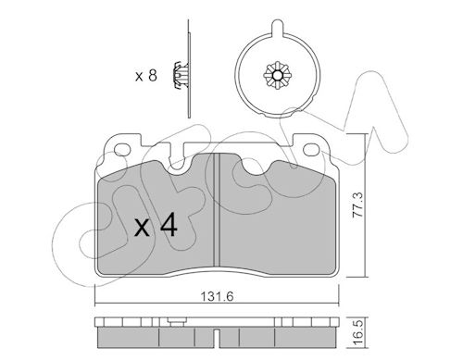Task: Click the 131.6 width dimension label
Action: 217,297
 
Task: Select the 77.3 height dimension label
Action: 358,205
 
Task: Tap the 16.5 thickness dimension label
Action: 358,333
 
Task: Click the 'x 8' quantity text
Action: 146,76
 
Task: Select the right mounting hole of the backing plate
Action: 311,150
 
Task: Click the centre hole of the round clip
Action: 277,75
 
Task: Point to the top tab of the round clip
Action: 277,27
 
